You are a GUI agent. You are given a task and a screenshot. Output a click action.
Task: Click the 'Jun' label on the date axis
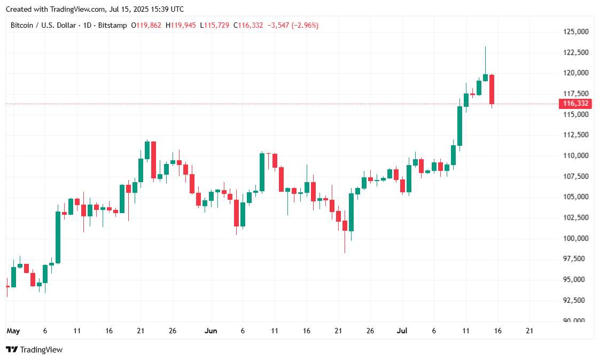(211, 331)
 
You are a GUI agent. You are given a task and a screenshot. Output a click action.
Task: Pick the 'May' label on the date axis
(13, 331)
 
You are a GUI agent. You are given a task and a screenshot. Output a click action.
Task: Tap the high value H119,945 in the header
(181, 25)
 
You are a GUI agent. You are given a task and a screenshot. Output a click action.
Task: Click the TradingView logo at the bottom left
(34, 349)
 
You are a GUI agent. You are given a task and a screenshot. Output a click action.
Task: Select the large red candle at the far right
(492, 89)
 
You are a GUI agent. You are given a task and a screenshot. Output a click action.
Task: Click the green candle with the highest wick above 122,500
(485, 77)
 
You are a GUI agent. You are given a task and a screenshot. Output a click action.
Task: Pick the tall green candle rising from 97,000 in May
(58, 237)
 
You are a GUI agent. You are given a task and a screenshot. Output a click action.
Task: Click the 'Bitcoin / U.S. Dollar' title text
(43, 25)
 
